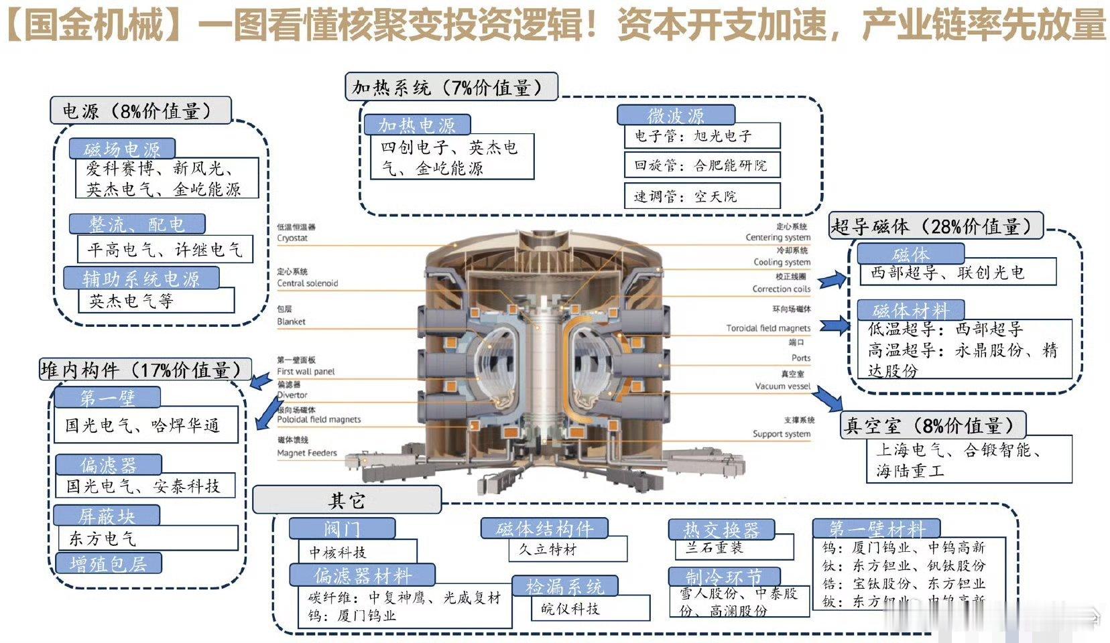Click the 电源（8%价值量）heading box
[140, 111]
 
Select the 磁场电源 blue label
[122, 148]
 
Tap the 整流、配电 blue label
[137, 224]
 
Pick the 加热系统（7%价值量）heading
[451, 87]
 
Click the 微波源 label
[675, 115]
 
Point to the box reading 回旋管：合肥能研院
[702, 165]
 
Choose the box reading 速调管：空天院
[702, 196]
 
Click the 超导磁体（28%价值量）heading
[936, 226]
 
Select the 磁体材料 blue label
[910, 310]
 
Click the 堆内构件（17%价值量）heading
[145, 370]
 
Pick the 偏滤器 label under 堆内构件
[108, 464]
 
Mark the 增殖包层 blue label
[108, 563]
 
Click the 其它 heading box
[347, 500]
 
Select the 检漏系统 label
[564, 587]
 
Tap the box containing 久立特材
[567, 549]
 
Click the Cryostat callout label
[293, 238]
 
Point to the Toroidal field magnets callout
[768, 328]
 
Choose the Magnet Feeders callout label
[307, 453]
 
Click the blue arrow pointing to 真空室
[829, 399]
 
